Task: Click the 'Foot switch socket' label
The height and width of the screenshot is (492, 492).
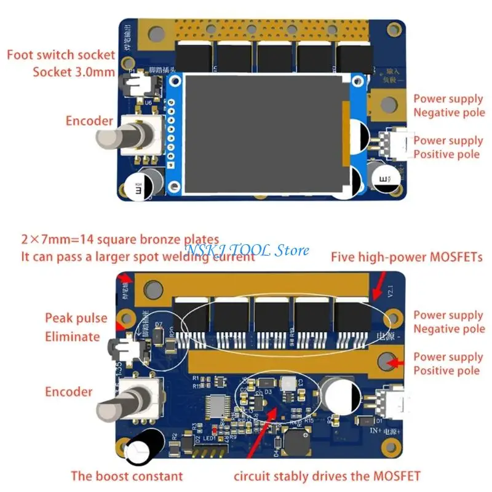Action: tap(60, 55)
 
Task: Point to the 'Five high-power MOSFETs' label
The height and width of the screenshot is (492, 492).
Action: tap(407, 256)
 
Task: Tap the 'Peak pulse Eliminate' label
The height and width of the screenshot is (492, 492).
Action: tap(72, 327)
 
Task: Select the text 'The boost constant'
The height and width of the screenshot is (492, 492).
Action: tap(127, 475)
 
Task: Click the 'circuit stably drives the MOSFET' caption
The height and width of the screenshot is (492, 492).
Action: tap(328, 475)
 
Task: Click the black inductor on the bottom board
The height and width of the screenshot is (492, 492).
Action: tap(298, 441)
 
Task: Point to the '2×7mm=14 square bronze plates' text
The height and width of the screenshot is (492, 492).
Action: tap(120, 239)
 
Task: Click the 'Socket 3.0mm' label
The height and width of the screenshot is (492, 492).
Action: tap(74, 72)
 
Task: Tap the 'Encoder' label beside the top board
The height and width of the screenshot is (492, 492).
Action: tap(89, 121)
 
